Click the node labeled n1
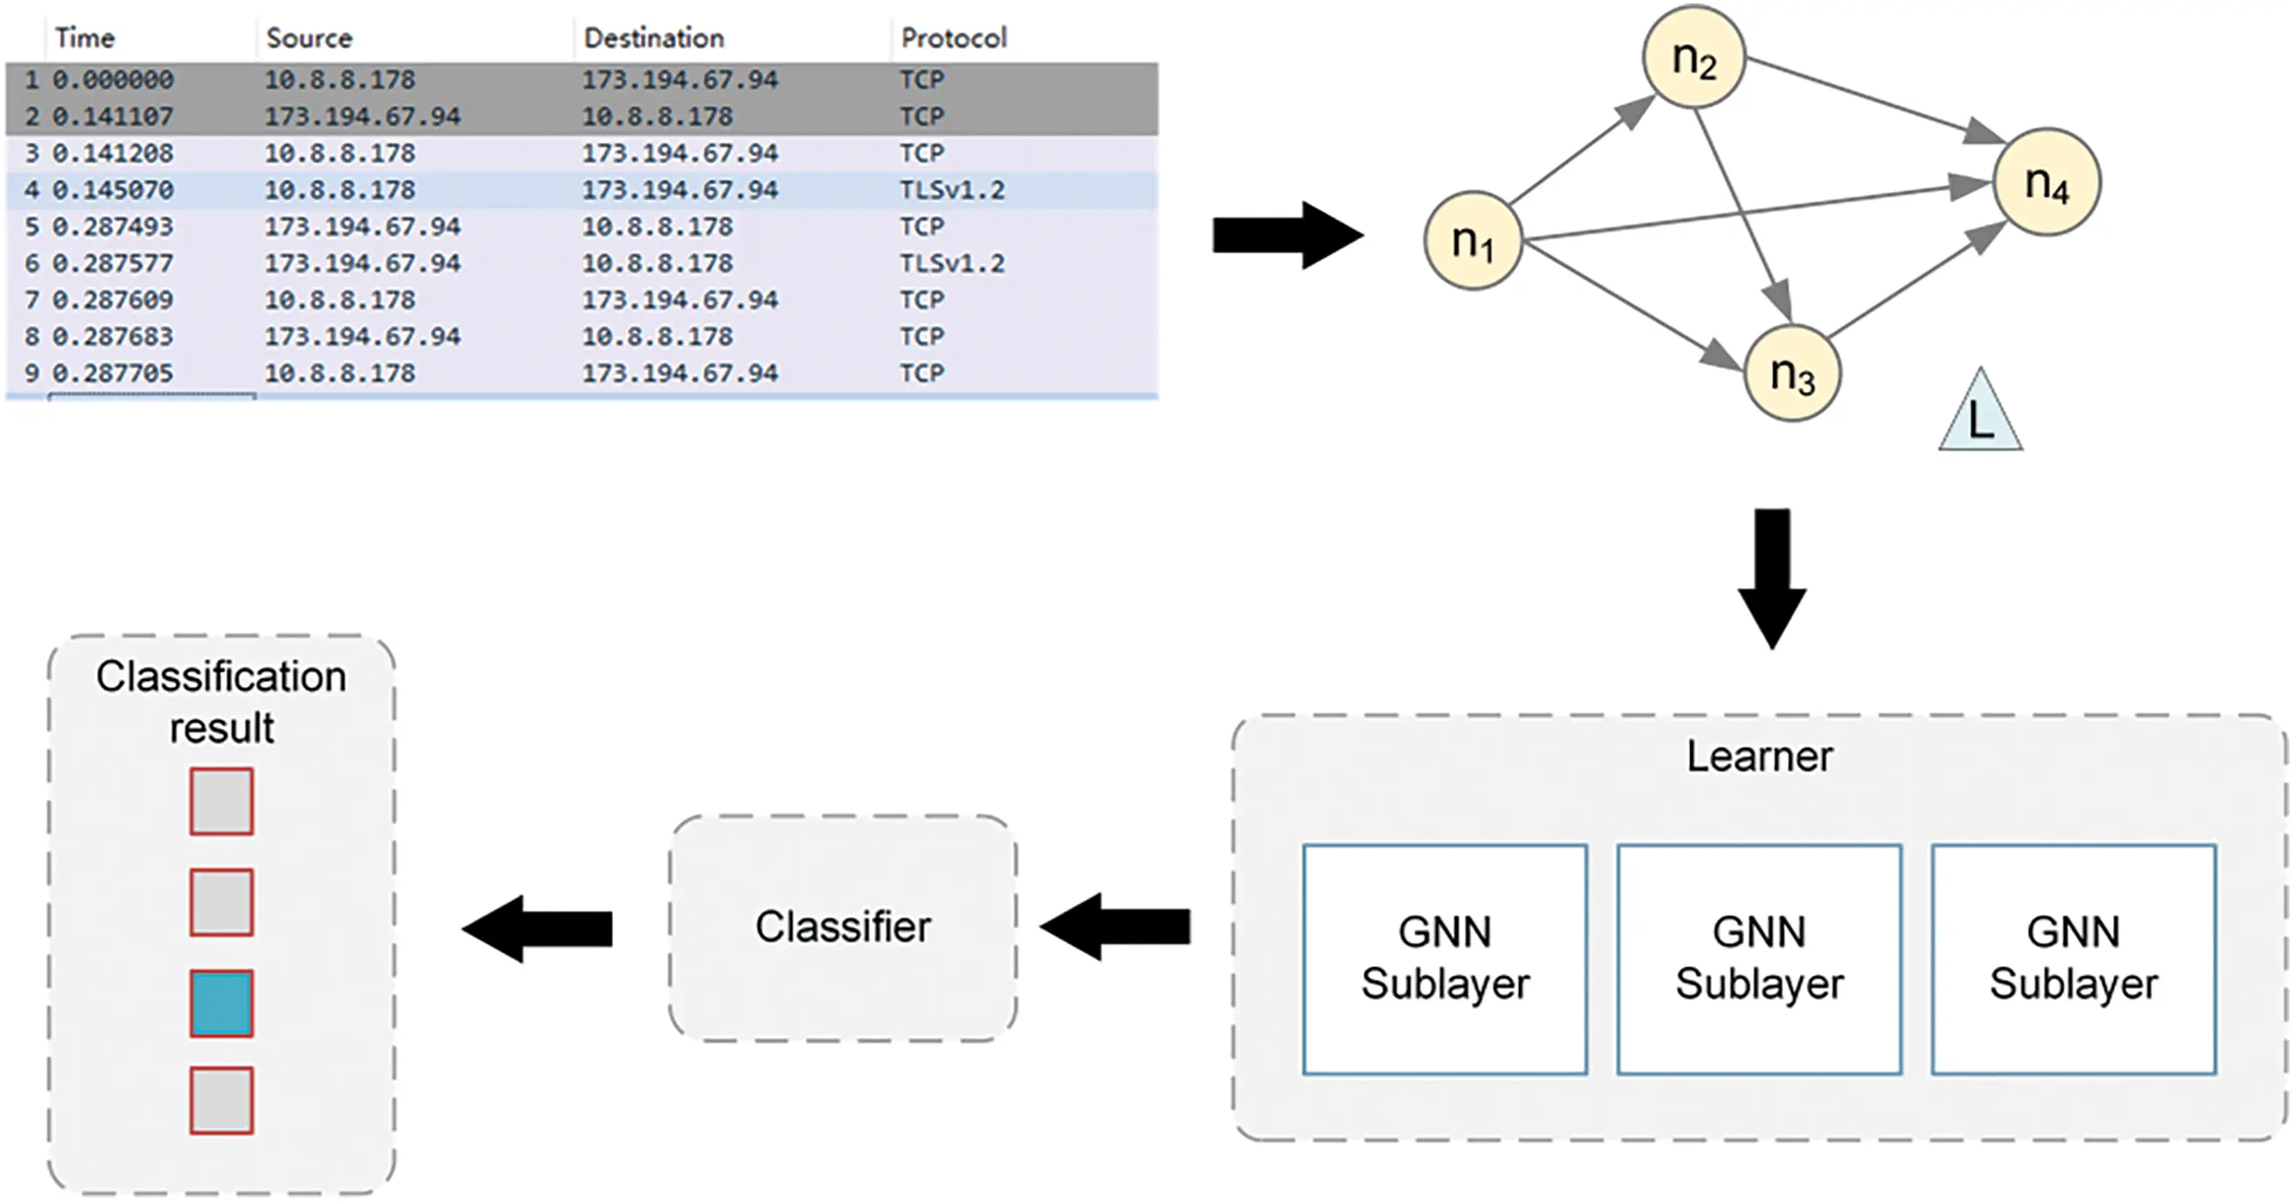click(x=1473, y=240)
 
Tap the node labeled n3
click(x=1791, y=373)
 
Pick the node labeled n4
click(x=2047, y=182)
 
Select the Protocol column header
click(x=952, y=38)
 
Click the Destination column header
click(x=653, y=38)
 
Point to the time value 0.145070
click(x=112, y=189)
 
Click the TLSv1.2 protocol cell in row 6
click(x=950, y=264)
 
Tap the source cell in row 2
click(x=362, y=117)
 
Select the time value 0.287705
click(x=112, y=373)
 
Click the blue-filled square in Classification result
click(x=222, y=1003)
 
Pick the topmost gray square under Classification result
click(x=222, y=801)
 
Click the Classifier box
click(x=842, y=927)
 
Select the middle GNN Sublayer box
click(x=1759, y=959)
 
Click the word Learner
click(x=1759, y=756)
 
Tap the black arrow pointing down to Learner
click(x=1772, y=579)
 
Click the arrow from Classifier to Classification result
click(x=539, y=928)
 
